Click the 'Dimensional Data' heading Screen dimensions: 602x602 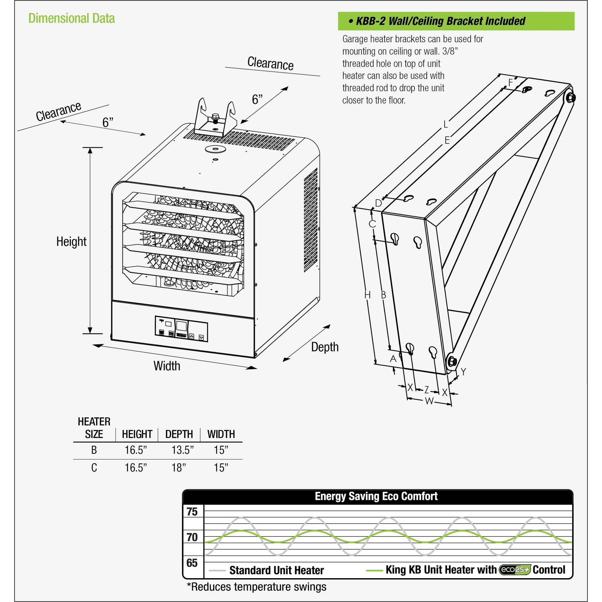[x=71, y=19]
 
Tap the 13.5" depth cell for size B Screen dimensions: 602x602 [x=182, y=450]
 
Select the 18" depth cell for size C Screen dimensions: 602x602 [x=178, y=467]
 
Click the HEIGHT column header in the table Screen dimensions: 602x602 [x=137, y=434]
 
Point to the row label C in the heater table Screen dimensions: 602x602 [x=94, y=467]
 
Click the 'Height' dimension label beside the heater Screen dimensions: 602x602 [x=71, y=242]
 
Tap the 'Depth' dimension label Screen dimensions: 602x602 [x=325, y=347]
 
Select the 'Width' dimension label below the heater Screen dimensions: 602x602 [x=167, y=366]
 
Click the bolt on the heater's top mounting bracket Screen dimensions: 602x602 [x=215, y=118]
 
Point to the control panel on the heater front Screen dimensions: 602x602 [x=181, y=329]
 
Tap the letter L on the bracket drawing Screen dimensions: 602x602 [x=446, y=124]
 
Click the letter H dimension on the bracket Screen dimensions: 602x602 [x=367, y=295]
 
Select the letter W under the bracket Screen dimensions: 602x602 [x=429, y=401]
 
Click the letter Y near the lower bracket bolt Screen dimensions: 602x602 [x=463, y=372]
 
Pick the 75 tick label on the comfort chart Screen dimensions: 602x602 [x=192, y=512]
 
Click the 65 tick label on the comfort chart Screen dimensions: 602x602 [x=192, y=563]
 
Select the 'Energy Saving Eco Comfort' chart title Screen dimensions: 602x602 [x=376, y=496]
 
